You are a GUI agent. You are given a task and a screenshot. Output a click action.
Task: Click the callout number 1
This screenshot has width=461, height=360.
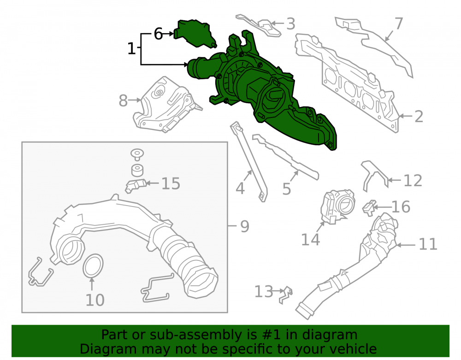(x=132, y=48)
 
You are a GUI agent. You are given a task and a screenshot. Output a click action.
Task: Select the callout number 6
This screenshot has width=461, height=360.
(x=158, y=34)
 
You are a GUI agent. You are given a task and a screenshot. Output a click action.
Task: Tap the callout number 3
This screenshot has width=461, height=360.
(x=290, y=24)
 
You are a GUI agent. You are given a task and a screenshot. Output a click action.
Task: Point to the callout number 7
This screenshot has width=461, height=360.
(x=398, y=23)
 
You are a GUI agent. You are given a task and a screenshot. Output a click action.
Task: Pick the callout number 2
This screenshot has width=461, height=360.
(x=419, y=117)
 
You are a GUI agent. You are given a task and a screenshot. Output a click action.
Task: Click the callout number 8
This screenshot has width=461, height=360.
(x=123, y=101)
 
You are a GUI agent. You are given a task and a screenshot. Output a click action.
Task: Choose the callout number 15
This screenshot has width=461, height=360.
(x=171, y=183)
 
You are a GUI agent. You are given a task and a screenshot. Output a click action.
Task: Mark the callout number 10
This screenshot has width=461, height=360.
(x=95, y=300)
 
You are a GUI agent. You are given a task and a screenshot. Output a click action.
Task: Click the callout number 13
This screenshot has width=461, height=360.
(x=264, y=292)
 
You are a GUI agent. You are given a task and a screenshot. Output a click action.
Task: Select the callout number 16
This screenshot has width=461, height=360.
(x=401, y=207)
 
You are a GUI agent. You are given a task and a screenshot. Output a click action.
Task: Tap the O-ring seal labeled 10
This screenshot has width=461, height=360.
(x=93, y=266)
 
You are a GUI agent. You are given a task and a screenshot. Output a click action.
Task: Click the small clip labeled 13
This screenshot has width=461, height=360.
(x=285, y=295)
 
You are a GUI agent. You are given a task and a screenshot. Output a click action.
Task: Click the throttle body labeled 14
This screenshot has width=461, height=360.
(x=337, y=207)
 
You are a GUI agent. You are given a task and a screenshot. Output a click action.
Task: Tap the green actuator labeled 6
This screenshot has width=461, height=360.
(x=195, y=34)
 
